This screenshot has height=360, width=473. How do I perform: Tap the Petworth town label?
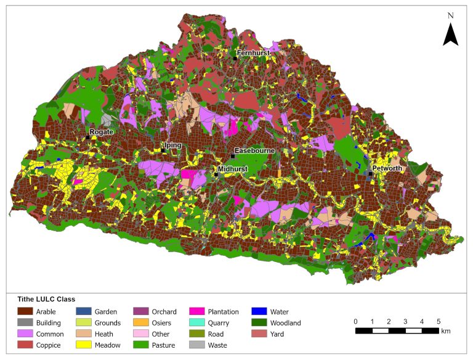point(387,168)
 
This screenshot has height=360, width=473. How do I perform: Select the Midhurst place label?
point(232,168)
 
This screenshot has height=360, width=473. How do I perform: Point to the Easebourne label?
point(254,151)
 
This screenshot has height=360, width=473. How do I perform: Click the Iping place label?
point(173,145)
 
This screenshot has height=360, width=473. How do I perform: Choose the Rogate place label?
point(101,132)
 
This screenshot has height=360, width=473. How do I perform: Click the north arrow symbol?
point(450,35)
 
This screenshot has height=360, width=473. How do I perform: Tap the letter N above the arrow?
point(450,15)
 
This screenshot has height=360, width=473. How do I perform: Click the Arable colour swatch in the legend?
point(25,312)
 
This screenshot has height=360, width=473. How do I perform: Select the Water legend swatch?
point(258,312)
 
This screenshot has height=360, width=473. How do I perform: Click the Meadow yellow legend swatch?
point(84,345)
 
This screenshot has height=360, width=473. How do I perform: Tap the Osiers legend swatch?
point(142,323)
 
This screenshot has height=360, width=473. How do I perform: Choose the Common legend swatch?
point(25,334)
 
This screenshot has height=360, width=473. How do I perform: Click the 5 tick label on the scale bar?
point(439,321)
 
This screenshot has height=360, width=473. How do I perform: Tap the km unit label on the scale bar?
point(446,331)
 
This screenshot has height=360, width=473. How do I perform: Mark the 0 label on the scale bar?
point(355,321)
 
